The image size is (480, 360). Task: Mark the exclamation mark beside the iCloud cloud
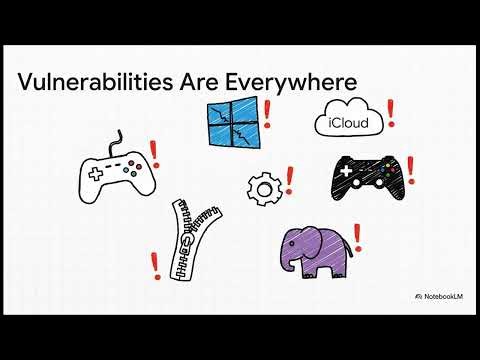coord(390,112)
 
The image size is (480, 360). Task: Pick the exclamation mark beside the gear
coord(289,181)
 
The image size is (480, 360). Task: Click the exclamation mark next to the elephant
coord(357,238)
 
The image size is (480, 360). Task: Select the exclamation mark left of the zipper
coord(155,265)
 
